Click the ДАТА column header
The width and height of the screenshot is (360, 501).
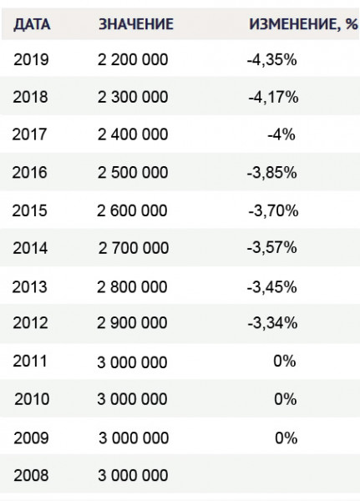pyautogui.click(x=32, y=24)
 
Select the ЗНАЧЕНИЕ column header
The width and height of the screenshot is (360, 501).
pyautogui.click(x=136, y=24)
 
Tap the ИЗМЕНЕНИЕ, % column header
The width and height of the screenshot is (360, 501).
pyautogui.click(x=303, y=24)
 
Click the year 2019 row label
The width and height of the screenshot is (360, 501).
pyautogui.click(x=31, y=59)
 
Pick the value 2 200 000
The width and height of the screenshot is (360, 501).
pyautogui.click(x=133, y=59)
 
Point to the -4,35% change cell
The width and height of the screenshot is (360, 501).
pyautogui.click(x=272, y=60)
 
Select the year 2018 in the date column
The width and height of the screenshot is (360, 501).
pyautogui.click(x=30, y=97)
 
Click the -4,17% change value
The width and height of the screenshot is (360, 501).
pyautogui.click(x=273, y=97)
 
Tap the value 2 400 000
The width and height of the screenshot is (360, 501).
pyautogui.click(x=133, y=134)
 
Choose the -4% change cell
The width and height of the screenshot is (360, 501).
pyautogui.click(x=281, y=134)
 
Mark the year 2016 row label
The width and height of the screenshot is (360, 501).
pyautogui.click(x=30, y=172)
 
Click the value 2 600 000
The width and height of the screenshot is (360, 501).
pyautogui.click(x=132, y=210)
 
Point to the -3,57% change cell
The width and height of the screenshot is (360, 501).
pyautogui.click(x=272, y=248)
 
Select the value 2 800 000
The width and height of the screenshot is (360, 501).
pyautogui.click(x=132, y=286)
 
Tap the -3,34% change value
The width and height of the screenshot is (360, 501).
pyautogui.click(x=273, y=323)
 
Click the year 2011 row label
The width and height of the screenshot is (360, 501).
pyautogui.click(x=30, y=361)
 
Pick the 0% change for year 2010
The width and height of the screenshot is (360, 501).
pyautogui.click(x=285, y=399)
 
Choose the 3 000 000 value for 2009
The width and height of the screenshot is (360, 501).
pyautogui.click(x=134, y=438)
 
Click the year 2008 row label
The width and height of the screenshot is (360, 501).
pyautogui.click(x=31, y=475)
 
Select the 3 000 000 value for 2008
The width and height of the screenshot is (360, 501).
pyautogui.click(x=133, y=475)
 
